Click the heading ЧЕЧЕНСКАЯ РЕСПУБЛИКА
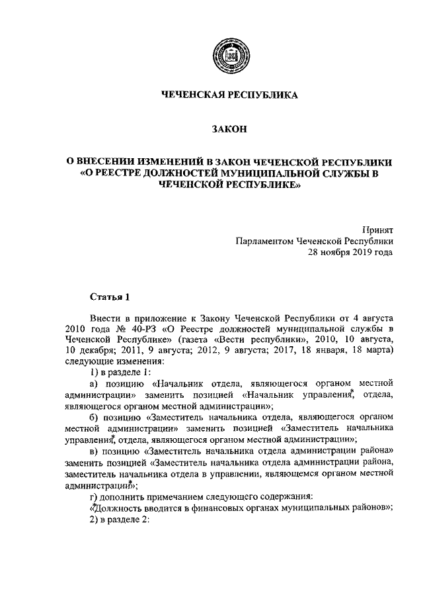[230, 95]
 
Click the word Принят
[377, 229]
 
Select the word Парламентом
[264, 241]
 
